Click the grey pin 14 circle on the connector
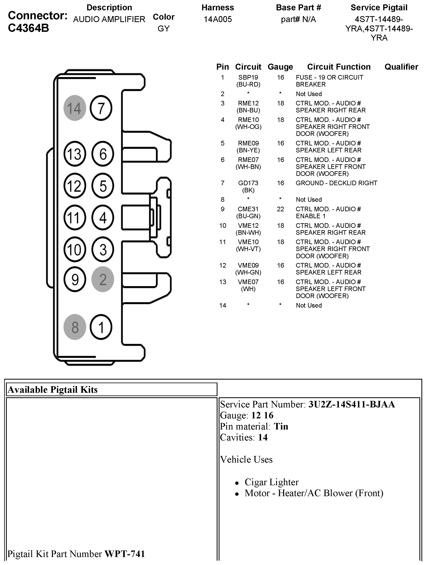tap(75, 108)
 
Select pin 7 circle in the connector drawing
tap(101, 108)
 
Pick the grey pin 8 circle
tap(75, 327)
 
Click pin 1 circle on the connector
tap(101, 327)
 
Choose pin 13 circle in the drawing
tap(75, 154)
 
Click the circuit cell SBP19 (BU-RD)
tap(248, 81)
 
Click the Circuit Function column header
tap(339, 67)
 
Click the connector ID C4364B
tap(28, 28)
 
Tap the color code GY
tap(164, 28)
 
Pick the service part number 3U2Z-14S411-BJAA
tap(351, 404)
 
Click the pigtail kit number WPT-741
tap(125, 554)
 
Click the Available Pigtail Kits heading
tap(53, 390)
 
